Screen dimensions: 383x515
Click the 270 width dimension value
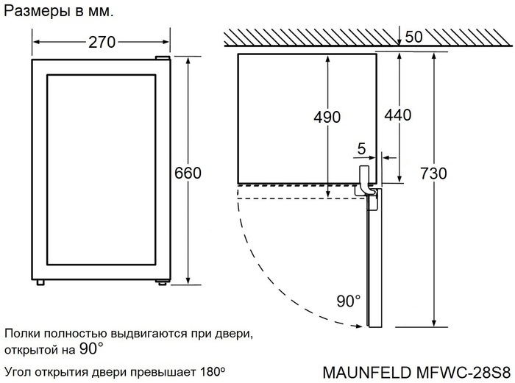102,42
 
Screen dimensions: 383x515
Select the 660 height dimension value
188,173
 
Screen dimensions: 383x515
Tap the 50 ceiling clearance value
414,37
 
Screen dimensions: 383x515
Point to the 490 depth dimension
326,117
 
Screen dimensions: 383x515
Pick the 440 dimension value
397,115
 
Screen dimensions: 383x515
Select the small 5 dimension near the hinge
360,148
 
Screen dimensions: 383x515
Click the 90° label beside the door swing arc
349,301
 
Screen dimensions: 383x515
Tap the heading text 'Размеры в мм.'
60,12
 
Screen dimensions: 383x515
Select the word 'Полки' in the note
21,333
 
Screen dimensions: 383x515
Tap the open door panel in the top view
373,265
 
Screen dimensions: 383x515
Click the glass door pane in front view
102,173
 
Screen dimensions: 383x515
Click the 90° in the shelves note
91,348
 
